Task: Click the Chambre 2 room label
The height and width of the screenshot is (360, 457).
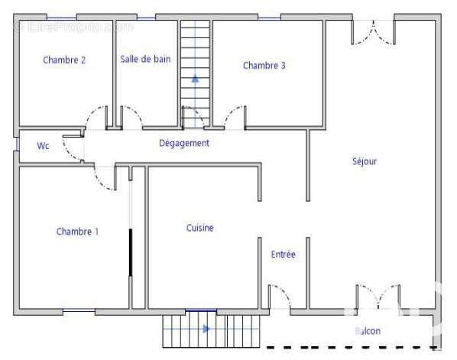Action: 64,60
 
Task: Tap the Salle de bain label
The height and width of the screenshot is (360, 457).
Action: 145,59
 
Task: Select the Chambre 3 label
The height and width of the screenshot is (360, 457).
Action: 264,66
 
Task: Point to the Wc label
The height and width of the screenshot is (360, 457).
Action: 43,146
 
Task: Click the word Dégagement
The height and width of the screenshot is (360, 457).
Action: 184,143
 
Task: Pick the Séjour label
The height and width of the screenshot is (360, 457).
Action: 365,161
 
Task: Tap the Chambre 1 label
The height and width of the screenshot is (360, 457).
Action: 77,232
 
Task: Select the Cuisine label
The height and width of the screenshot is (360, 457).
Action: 200,228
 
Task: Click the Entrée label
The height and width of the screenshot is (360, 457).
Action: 284,255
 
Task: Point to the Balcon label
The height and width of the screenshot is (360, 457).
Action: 368,331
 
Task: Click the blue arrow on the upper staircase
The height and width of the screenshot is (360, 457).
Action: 195,79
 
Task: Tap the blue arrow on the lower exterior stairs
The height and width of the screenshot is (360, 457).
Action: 206,329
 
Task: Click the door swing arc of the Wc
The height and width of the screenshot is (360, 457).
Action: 67,151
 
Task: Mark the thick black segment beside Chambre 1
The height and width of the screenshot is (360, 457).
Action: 131,252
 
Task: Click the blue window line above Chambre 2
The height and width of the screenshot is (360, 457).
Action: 62,18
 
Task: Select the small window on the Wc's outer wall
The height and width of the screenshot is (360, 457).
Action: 18,144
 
